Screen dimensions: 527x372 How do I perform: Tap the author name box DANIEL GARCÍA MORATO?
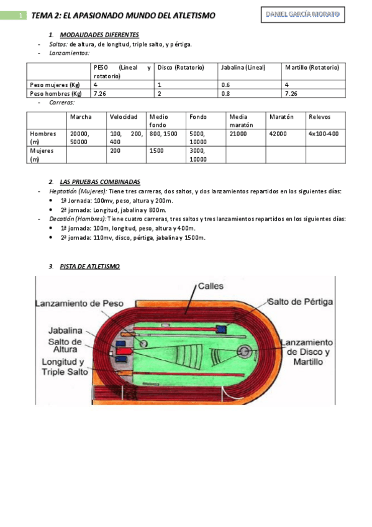pos(302,14)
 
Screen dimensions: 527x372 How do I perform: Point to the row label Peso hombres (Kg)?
pos(55,93)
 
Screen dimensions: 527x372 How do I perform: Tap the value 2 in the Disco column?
pos(160,93)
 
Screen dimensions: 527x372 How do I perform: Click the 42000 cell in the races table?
pos(278,134)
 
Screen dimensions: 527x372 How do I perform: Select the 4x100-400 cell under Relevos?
pos(324,134)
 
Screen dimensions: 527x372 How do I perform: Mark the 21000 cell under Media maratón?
pos(238,134)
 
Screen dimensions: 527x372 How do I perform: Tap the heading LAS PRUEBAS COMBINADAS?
pos(99,182)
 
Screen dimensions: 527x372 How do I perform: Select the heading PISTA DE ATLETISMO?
pos(89,266)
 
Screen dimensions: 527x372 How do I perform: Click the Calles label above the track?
pos(211,286)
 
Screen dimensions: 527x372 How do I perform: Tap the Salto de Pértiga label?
pos(300,302)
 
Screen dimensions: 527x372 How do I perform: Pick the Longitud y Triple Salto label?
pos(62,367)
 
